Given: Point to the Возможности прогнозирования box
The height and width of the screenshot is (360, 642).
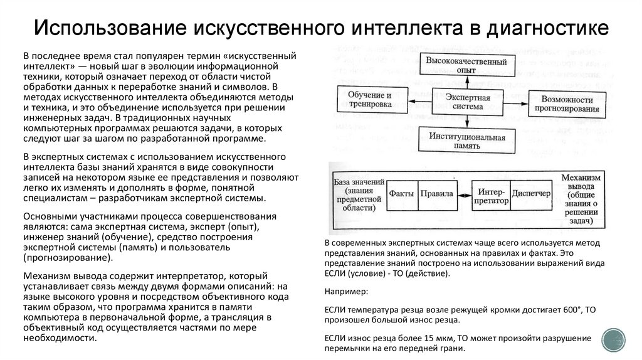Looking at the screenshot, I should (566, 104).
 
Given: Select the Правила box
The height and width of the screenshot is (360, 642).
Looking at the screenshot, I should (437, 194).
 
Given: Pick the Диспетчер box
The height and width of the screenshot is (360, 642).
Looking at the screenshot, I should (530, 194).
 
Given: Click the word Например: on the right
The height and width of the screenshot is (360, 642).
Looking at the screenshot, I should (347, 292).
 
